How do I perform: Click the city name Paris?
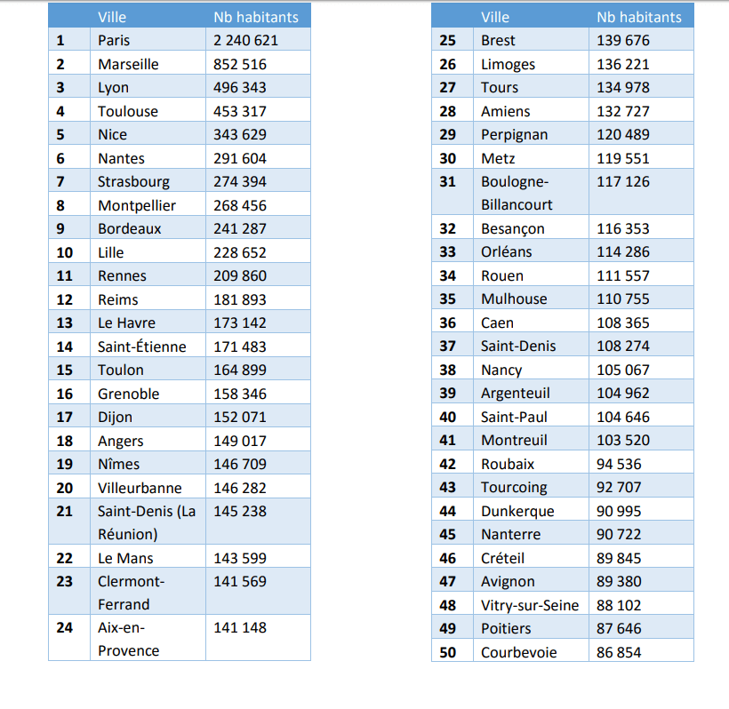pos(114,40)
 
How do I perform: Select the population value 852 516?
pos(240,64)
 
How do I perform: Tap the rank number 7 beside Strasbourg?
pos(60,181)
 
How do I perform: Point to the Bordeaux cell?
pos(130,228)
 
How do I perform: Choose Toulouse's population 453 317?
pos(240,111)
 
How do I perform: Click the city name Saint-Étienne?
pos(142,347)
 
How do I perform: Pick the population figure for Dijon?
pos(240,417)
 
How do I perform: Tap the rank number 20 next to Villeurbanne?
pos(64,488)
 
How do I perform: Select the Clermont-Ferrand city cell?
pos(132,593)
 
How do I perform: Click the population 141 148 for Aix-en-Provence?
pos(240,627)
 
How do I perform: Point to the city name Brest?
pos(498,40)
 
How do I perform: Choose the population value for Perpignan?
pos(623,134)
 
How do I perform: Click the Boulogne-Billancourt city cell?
pos(517,193)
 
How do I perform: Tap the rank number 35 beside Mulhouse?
pos(448,299)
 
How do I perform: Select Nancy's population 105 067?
pos(623,370)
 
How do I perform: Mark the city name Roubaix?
pos(508,464)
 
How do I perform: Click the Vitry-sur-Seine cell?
pos(530,605)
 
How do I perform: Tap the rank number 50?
pos(448,652)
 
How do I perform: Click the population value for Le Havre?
pos(240,323)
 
